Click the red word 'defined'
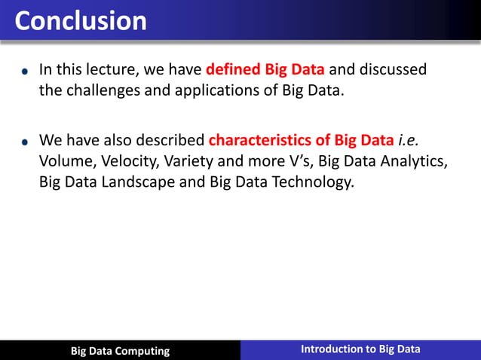231,70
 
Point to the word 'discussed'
392,70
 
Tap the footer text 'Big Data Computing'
120,351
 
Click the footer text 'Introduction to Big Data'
360,349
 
